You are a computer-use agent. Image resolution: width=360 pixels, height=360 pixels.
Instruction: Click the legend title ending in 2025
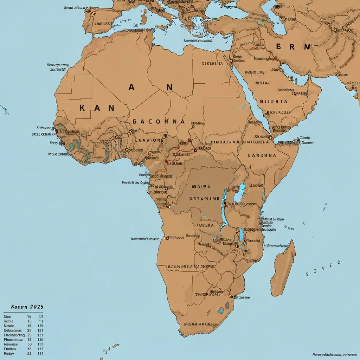tap(23, 307)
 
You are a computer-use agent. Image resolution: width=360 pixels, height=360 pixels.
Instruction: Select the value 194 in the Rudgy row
tap(40, 353)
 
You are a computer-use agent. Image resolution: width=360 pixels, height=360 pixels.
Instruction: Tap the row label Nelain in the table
tap(9, 326)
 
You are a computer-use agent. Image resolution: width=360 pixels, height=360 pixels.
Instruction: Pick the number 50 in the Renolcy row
tap(29, 344)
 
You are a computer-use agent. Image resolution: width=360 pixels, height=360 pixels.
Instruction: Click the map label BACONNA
tap(159, 121)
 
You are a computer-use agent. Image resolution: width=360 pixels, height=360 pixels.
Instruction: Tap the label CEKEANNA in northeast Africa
tap(212, 64)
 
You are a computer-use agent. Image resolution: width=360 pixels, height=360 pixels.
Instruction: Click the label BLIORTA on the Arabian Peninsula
tap(274, 102)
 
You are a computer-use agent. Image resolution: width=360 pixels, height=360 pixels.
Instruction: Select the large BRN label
tap(293, 47)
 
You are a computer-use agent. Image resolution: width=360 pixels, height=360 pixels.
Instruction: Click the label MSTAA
tap(263, 83)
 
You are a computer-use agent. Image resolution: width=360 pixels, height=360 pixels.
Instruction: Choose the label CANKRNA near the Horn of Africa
tap(262, 155)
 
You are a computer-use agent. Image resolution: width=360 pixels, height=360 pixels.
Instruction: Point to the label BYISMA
tap(201, 225)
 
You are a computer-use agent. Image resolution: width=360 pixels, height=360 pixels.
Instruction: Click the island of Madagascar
tap(283, 267)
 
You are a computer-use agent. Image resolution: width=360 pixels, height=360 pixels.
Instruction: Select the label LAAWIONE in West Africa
tap(149, 140)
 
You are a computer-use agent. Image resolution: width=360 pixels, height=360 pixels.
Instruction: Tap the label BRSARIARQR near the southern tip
tap(197, 324)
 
